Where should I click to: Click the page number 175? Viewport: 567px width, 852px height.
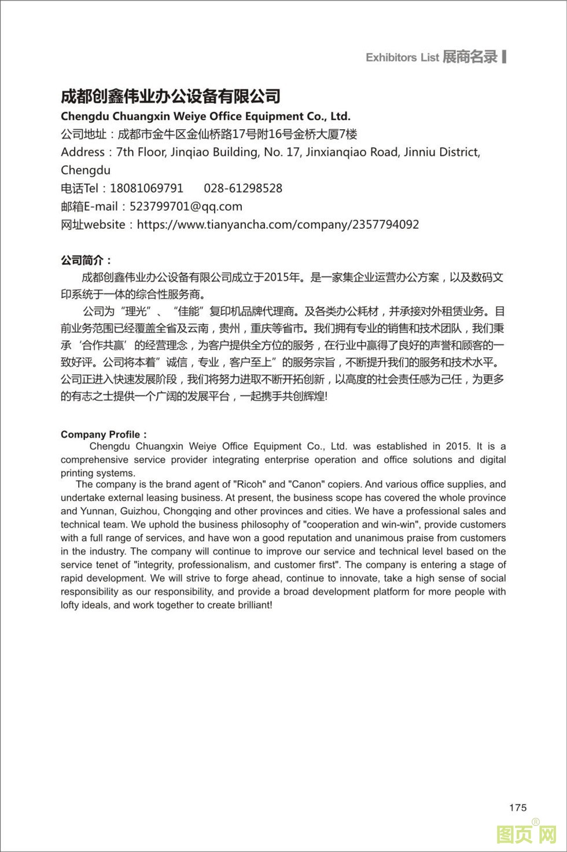[x=518, y=807]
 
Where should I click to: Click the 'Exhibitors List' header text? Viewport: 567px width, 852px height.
[x=402, y=57]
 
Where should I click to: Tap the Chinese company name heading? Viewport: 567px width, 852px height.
[x=171, y=96]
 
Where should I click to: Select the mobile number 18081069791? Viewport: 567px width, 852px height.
[x=146, y=188]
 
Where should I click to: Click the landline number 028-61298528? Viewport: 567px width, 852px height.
[x=243, y=188]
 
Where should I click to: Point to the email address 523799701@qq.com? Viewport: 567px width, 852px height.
[x=186, y=206]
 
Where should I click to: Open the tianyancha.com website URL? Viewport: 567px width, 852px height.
[x=278, y=224]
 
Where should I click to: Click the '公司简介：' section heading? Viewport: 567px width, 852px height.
[x=86, y=260]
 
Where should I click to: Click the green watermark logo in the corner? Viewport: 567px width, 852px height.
[x=526, y=834]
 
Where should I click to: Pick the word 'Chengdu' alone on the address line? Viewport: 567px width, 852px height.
[x=86, y=170]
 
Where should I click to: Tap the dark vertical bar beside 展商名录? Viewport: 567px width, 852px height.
[x=504, y=56]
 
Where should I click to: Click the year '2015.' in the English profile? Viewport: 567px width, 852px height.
[x=459, y=446]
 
